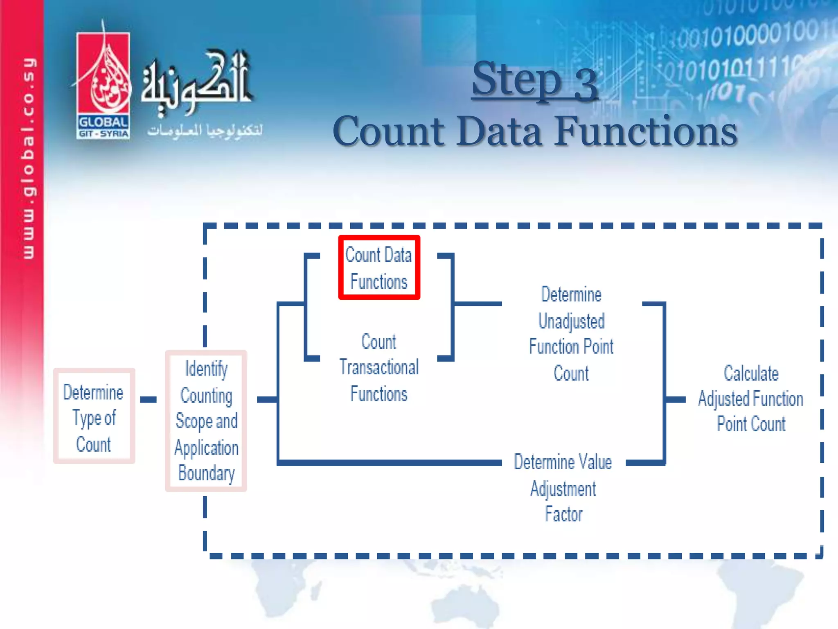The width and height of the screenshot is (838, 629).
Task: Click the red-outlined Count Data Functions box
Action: (379, 268)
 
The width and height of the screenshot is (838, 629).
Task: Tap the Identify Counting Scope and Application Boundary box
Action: (206, 421)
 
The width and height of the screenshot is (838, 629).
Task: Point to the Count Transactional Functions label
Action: (379, 368)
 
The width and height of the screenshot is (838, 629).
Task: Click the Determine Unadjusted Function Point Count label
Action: (571, 334)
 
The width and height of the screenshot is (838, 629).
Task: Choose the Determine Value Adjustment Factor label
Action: (563, 488)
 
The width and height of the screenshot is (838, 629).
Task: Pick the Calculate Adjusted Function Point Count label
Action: (751, 398)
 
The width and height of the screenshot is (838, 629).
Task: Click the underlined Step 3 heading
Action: (535, 80)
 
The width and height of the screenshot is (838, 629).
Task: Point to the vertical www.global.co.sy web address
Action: (29, 158)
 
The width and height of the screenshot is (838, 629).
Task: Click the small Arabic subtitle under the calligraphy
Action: (205, 130)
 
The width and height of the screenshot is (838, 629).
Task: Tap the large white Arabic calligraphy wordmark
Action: (196, 82)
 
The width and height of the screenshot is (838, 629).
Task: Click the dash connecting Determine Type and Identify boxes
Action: (148, 399)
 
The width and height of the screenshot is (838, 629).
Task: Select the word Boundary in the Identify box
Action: (206, 473)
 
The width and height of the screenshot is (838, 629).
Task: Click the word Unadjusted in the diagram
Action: (571, 321)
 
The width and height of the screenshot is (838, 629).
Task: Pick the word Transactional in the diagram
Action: (379, 367)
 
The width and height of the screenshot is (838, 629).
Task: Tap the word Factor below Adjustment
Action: (563, 514)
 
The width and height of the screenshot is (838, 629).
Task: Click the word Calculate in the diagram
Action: (751, 373)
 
